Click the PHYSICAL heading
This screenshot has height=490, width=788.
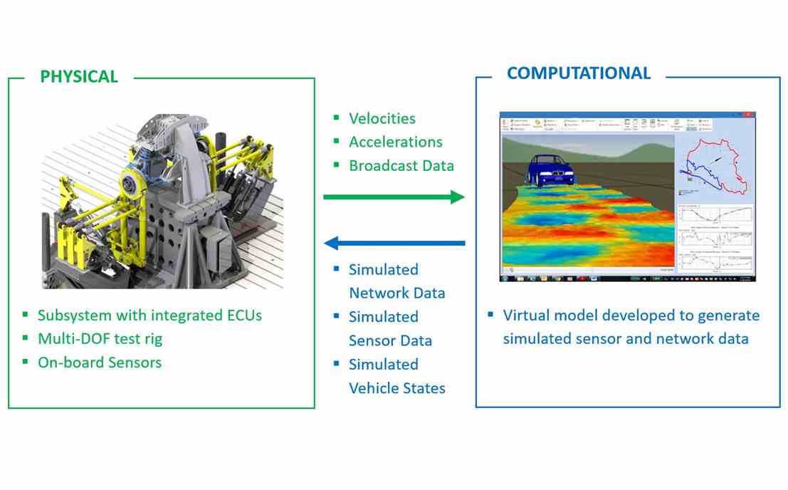coord(79,76)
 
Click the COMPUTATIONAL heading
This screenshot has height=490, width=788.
coord(578,73)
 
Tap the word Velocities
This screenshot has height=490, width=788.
coord(382,118)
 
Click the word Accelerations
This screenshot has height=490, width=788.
coord(395,142)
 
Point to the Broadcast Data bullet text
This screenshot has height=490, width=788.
coord(401,165)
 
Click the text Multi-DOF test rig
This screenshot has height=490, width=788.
coord(100,338)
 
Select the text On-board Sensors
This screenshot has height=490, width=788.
coord(100,362)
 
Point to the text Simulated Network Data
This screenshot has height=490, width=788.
coord(396,281)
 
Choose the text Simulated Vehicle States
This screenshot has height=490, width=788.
coord(396,376)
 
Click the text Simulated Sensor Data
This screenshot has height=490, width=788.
coord(390,328)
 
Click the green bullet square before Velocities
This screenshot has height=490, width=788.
coord(336,118)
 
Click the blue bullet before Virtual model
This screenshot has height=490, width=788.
coord(490,315)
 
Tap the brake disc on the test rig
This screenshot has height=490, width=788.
coord(133,184)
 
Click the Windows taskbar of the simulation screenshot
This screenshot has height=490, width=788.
coord(626,278)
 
